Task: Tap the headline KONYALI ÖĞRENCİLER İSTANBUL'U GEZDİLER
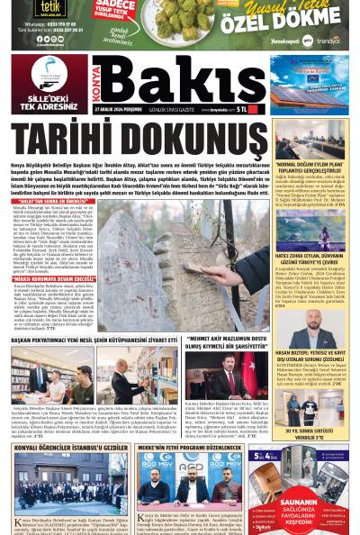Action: (x=71, y=448)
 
